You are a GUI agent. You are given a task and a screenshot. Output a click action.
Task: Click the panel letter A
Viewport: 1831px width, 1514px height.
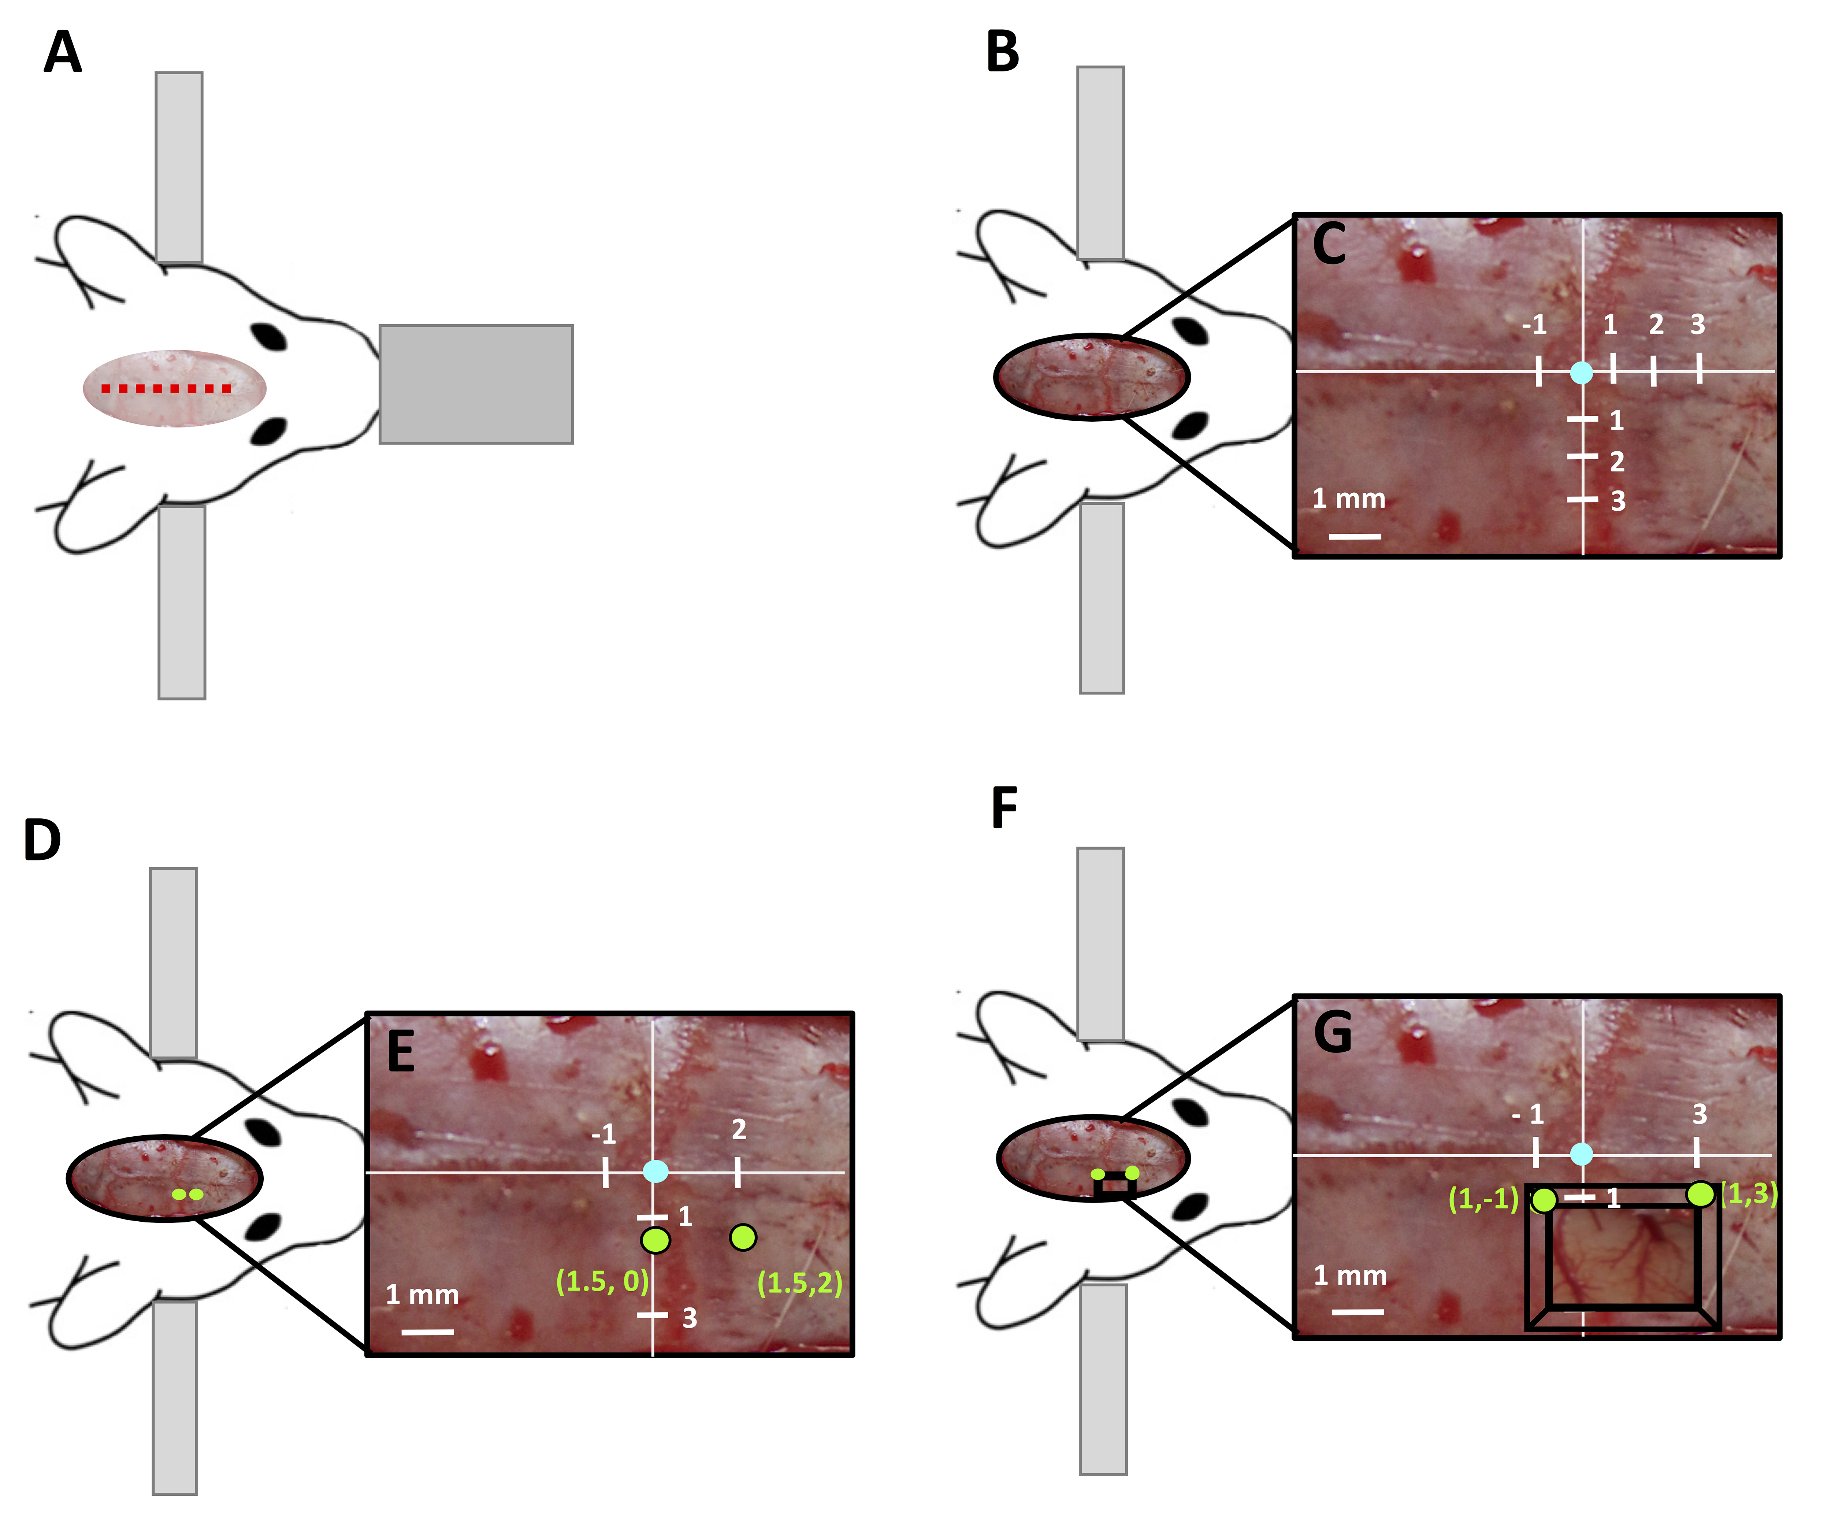click(63, 52)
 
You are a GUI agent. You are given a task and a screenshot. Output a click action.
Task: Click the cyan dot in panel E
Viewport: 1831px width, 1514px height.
click(655, 1171)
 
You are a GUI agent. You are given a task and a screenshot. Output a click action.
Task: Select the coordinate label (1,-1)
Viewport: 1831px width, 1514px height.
click(1483, 1199)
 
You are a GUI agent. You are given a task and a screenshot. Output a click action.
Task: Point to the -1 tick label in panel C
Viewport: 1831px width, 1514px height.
click(1534, 325)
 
